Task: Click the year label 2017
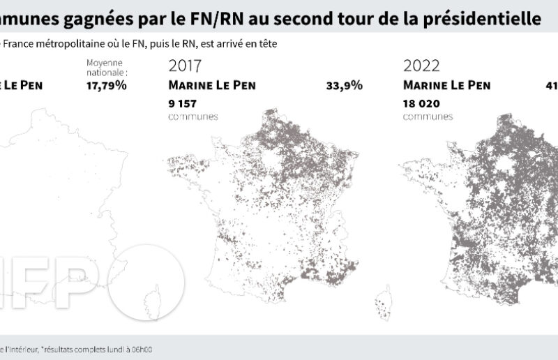pyautogui.click(x=186, y=67)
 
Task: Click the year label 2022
pyautogui.click(x=421, y=67)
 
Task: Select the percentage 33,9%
pyautogui.click(x=344, y=86)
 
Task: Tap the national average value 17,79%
pyautogui.click(x=106, y=86)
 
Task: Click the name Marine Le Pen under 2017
pyautogui.click(x=213, y=86)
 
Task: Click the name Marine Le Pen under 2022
pyautogui.click(x=447, y=86)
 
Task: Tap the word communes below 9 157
pyautogui.click(x=193, y=117)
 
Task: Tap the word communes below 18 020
pyautogui.click(x=428, y=117)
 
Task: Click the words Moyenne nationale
pyautogui.click(x=107, y=68)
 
